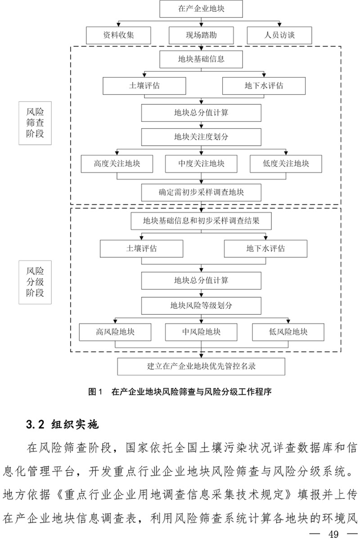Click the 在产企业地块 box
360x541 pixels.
(x=201, y=8)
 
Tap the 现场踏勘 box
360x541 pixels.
(x=201, y=35)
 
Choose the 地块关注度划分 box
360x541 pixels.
(x=201, y=137)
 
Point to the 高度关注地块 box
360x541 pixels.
(x=117, y=164)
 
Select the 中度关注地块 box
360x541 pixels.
(x=201, y=164)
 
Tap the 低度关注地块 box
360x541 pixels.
(x=286, y=164)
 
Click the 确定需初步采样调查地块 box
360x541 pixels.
(x=201, y=192)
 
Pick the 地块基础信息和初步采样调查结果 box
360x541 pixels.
(x=201, y=221)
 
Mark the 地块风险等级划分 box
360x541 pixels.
(x=201, y=306)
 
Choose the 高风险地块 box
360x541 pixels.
(x=115, y=332)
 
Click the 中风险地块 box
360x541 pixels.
(x=201, y=332)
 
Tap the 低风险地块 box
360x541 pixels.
(x=288, y=332)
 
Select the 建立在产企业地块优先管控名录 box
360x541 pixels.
(x=201, y=366)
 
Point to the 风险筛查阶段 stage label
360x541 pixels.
(x=35, y=122)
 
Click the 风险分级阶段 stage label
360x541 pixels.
(x=35, y=282)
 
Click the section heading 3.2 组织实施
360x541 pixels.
(x=63, y=424)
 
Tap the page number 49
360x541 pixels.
(x=333, y=534)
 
